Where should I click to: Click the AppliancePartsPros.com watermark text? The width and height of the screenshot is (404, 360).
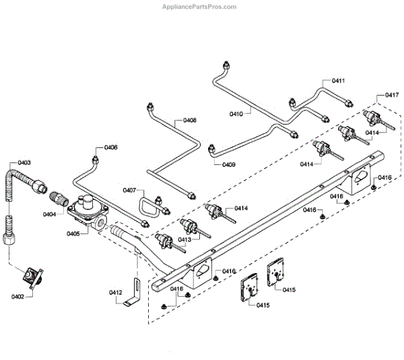[x=201, y=7]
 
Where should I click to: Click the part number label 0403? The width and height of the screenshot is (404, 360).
[x=25, y=163]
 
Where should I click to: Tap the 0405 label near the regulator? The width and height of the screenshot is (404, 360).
[x=73, y=233]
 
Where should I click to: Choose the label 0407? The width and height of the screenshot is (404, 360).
[x=131, y=190]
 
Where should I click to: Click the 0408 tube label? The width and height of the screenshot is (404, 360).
[x=190, y=120]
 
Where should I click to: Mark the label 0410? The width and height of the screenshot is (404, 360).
[x=236, y=114]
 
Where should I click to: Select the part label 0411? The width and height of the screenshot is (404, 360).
[x=339, y=81]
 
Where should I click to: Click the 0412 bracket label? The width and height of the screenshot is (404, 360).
[x=115, y=292]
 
